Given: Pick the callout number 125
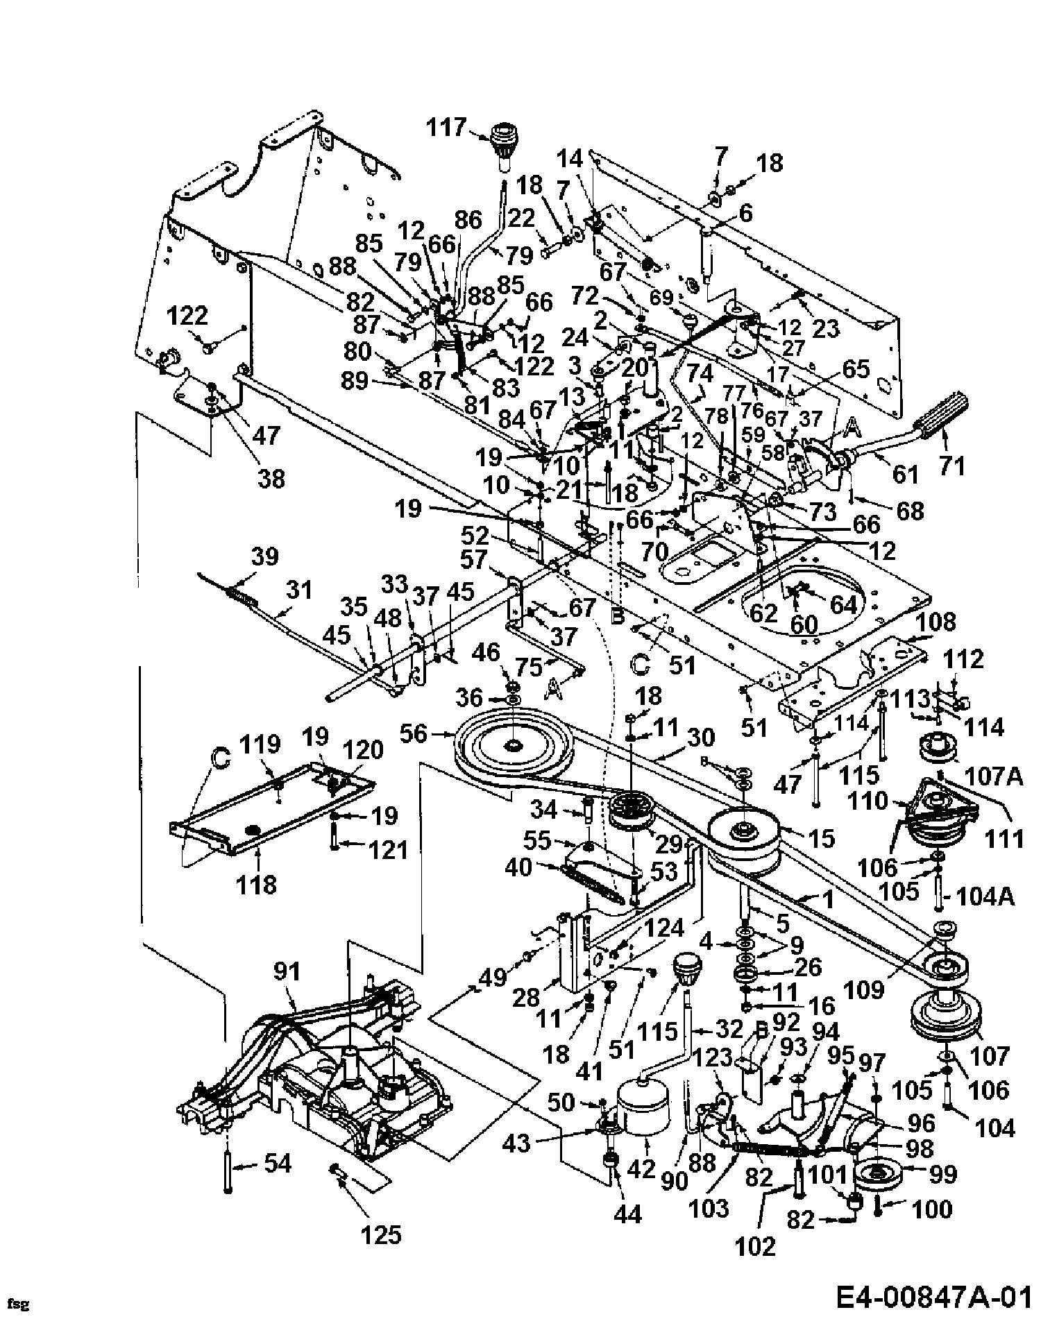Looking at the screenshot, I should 382,1234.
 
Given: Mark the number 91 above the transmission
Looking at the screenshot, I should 286,972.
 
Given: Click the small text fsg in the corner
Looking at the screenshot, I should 20,1304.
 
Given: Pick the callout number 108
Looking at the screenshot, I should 937,622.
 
